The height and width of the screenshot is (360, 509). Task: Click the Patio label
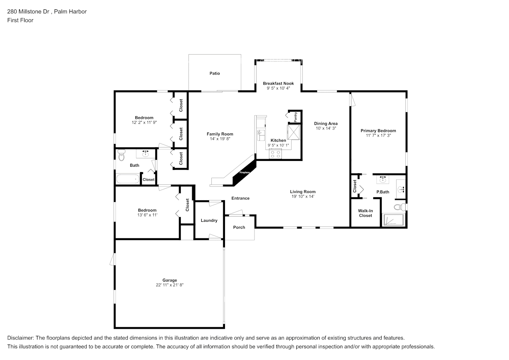coord(215,73)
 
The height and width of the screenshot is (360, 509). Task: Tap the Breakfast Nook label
coord(278,84)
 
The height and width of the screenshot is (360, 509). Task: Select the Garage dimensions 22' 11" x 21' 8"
coord(170,285)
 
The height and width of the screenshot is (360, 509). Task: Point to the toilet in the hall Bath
coord(121,156)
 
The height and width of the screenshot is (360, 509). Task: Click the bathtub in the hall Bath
coord(128,179)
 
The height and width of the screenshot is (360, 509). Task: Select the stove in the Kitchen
coord(275,154)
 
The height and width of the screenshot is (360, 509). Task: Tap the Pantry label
coord(296,116)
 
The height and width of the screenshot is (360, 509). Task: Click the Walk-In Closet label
coord(365,213)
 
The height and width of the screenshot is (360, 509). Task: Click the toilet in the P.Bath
coord(399,207)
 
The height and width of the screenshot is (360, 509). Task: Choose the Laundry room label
coord(209,221)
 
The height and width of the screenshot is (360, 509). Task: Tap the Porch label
coord(239,228)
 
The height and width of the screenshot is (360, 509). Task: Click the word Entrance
coord(240,198)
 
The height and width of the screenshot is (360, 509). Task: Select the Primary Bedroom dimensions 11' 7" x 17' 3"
coord(378,136)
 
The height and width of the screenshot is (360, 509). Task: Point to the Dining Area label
coord(326,124)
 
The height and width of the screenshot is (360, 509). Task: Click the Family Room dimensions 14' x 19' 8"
coord(220,139)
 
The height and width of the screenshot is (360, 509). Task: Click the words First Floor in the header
coord(20,20)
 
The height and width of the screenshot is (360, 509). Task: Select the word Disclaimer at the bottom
coord(20,338)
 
